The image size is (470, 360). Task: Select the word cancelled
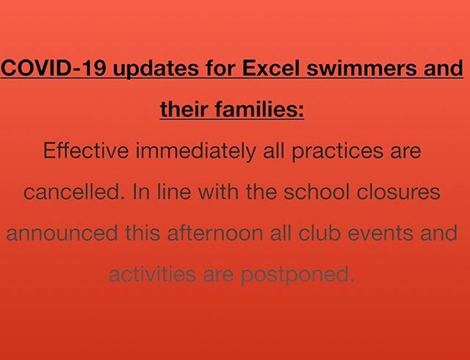68,193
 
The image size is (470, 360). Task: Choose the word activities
151,275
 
